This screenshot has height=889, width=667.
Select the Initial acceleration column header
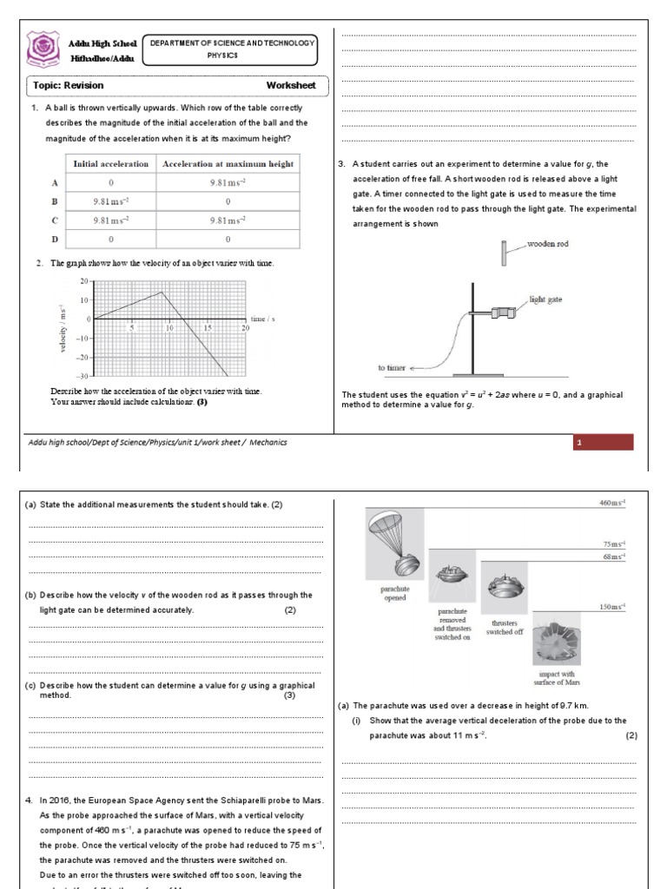[110, 164]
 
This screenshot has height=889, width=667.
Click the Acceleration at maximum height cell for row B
[228, 201]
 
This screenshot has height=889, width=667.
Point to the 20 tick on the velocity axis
[83, 282]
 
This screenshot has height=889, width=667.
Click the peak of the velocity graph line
[162, 292]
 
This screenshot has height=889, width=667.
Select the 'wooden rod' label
[548, 245]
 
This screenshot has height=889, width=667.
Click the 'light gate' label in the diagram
[546, 299]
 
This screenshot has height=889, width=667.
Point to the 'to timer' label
[392, 368]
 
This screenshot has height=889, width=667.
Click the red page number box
[603, 443]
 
